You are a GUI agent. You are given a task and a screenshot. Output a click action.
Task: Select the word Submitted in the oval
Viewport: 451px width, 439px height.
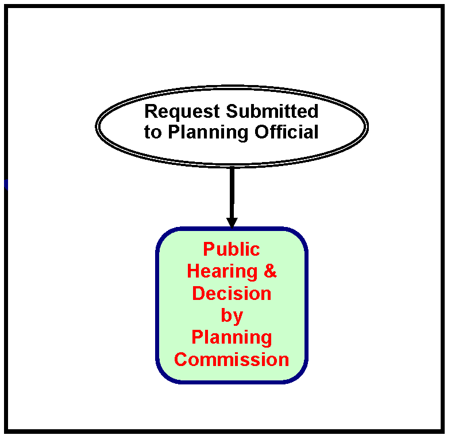pyautogui.click(x=272, y=111)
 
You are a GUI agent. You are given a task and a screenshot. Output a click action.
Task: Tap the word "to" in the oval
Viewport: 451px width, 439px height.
pyautogui.click(x=152, y=133)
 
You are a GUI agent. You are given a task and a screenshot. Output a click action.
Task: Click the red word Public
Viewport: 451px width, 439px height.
pyautogui.click(x=232, y=249)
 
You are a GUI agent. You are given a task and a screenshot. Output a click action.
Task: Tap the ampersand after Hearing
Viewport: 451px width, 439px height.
pyautogui.click(x=270, y=271)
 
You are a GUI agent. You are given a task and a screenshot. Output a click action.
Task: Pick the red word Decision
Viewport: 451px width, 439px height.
pyautogui.click(x=232, y=293)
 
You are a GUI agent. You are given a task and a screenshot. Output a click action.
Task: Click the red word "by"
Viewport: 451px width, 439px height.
pyautogui.click(x=232, y=316)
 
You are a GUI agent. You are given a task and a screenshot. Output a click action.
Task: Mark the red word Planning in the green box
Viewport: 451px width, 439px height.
pyautogui.click(x=232, y=337)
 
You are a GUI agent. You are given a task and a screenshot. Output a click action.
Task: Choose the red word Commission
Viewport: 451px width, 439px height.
pyautogui.click(x=232, y=360)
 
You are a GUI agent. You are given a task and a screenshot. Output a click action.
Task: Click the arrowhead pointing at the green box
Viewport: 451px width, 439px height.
pyautogui.click(x=232, y=222)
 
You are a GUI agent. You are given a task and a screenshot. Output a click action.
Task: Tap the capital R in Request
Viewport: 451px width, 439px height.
pyautogui.click(x=150, y=111)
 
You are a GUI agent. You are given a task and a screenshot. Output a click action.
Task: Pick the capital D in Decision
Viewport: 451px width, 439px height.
pyautogui.click(x=198, y=293)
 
